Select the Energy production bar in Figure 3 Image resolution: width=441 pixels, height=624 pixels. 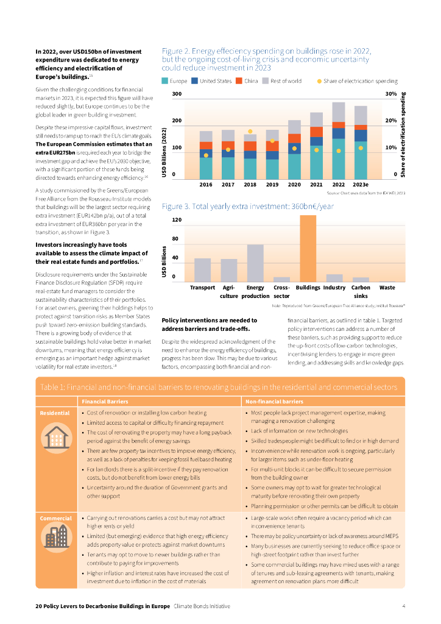pyautogui.click(x=255, y=263)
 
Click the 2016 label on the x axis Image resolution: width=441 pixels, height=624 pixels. pyautogui.click(x=206, y=183)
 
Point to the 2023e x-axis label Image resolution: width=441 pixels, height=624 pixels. pyautogui.click(x=361, y=183)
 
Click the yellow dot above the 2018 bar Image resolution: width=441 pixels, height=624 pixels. pyautogui.click(x=250, y=132)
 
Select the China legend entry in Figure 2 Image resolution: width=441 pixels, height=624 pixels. pyautogui.click(x=247, y=81)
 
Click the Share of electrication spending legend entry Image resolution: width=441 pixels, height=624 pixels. pyautogui.click(x=358, y=81)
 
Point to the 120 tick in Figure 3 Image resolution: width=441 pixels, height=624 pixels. pyautogui.click(x=177, y=219)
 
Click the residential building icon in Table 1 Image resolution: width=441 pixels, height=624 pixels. pyautogui.click(x=55, y=438)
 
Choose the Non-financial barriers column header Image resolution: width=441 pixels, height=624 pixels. pyautogui.click(x=274, y=402)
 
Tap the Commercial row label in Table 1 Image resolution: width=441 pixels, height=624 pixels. pyautogui.click(x=56, y=519)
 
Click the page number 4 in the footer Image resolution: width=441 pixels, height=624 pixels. pyautogui.click(x=404, y=606)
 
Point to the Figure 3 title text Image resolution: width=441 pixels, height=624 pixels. pyautogui.click(x=248, y=207)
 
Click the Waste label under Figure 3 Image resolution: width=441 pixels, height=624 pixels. pyautogui.click(x=387, y=287)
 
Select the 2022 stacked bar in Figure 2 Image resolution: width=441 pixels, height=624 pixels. pyautogui.click(x=338, y=140)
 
